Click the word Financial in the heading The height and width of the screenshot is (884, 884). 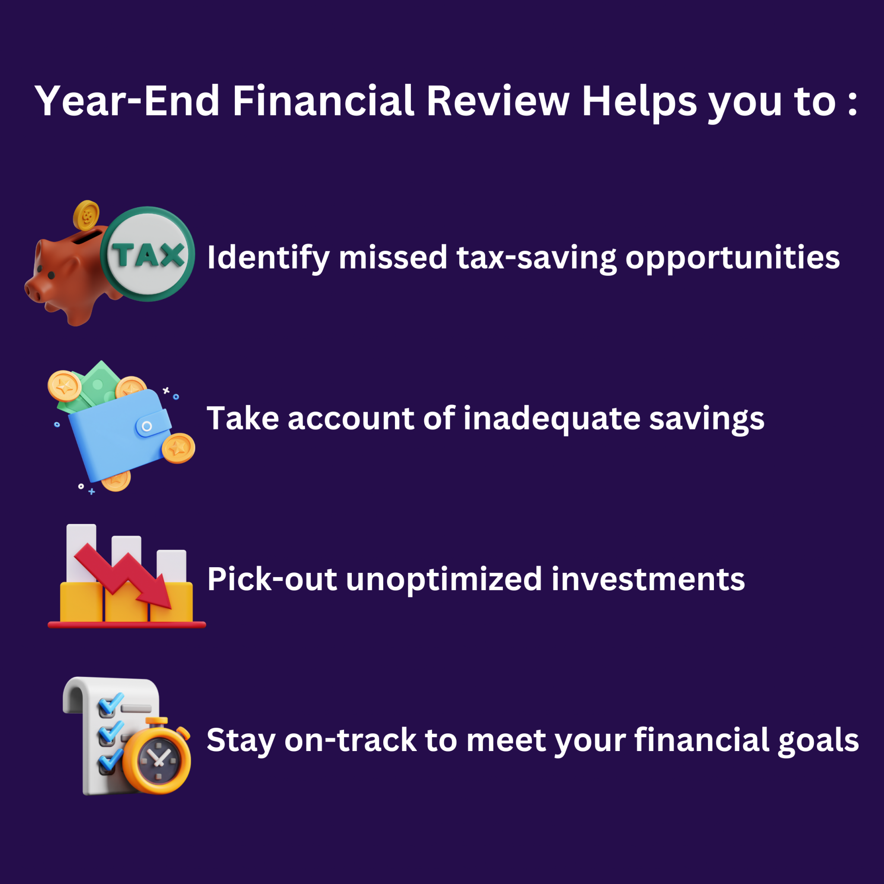pos(323,101)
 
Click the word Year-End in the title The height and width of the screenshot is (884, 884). pos(127,101)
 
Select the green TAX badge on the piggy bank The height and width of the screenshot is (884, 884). pos(147,254)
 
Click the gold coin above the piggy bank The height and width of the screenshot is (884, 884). pos(86,215)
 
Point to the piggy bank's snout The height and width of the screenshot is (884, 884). pos(33,291)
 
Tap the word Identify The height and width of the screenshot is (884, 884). pos(268,258)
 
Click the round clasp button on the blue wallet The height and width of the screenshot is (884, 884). pos(147,426)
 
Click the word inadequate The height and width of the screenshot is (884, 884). pos(551,419)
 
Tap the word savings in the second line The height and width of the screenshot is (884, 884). pos(707,419)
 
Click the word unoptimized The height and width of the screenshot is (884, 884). pos(444,580)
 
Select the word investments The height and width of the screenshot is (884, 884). pos(648,580)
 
